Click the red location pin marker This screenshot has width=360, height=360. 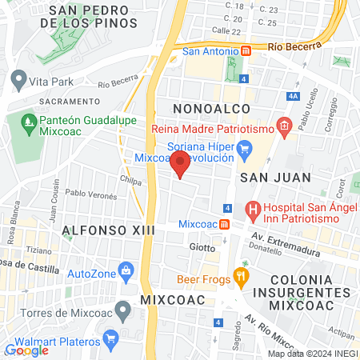(x=180, y=163)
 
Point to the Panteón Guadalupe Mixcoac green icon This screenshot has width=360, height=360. (x=26, y=125)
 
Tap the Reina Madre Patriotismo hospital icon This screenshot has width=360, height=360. (x=283, y=125)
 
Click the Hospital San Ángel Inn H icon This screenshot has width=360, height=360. (x=254, y=211)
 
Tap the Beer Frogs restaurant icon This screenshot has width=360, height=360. (x=240, y=278)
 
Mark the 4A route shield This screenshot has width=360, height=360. (x=294, y=96)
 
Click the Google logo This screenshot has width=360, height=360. (x=27, y=350)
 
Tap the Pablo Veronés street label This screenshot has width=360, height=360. (x=86, y=193)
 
